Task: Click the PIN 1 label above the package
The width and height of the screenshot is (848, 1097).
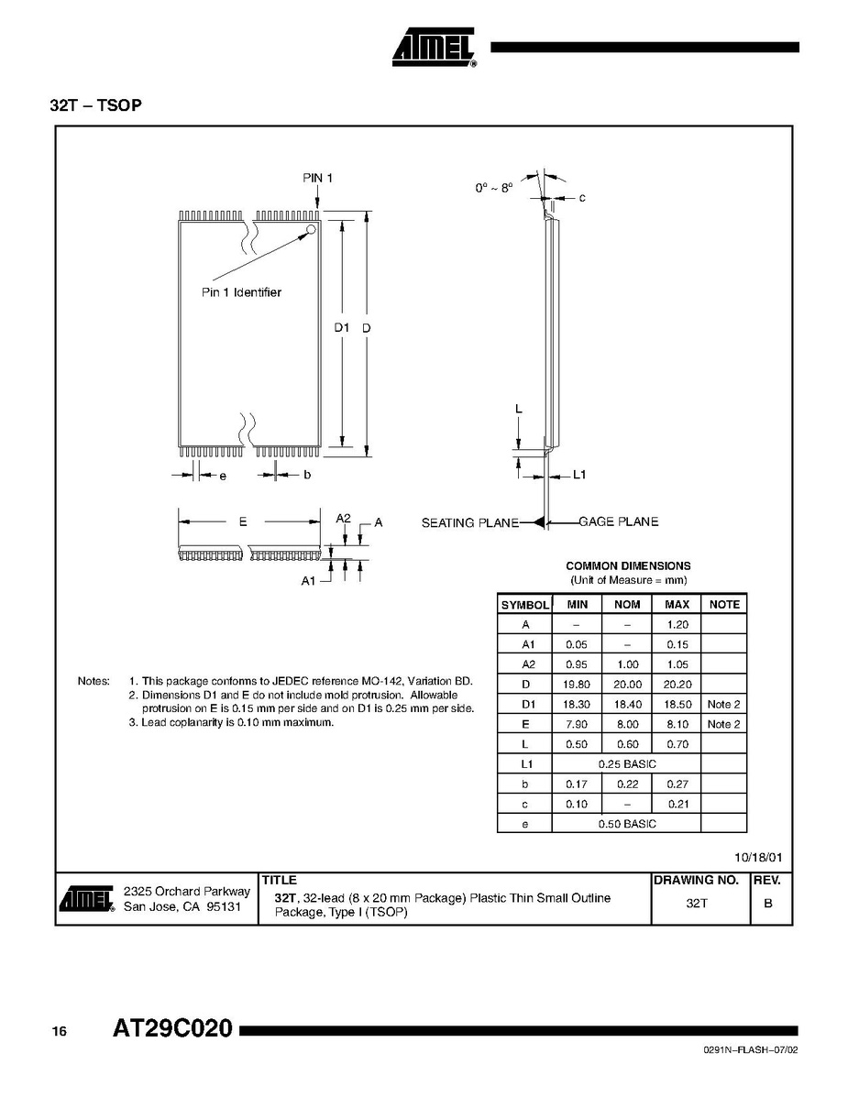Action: (x=318, y=178)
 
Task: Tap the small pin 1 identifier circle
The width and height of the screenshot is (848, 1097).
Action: (x=311, y=229)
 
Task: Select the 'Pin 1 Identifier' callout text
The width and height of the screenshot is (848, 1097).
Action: (x=241, y=292)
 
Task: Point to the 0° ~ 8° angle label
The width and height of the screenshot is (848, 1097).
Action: (x=493, y=187)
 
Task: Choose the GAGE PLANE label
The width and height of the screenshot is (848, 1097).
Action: (x=619, y=521)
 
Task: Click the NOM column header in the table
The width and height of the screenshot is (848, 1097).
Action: (x=627, y=605)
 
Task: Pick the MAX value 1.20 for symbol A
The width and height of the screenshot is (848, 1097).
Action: (x=677, y=624)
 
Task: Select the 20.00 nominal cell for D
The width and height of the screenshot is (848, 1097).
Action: (x=627, y=685)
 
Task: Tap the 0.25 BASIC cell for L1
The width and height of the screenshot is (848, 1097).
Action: (x=627, y=764)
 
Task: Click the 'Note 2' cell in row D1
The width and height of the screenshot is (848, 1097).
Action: (x=724, y=705)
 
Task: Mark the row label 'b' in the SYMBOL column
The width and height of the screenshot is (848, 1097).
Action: (x=525, y=784)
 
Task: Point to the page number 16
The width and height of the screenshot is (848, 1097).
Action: (x=59, y=1032)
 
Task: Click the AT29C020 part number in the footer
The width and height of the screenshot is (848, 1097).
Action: (x=172, y=1029)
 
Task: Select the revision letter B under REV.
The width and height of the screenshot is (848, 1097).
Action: (x=768, y=903)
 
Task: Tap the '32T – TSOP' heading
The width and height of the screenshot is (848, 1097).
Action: (x=96, y=105)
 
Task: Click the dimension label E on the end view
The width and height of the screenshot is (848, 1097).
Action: (x=243, y=521)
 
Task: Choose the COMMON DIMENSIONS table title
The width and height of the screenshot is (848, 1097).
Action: (x=628, y=566)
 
